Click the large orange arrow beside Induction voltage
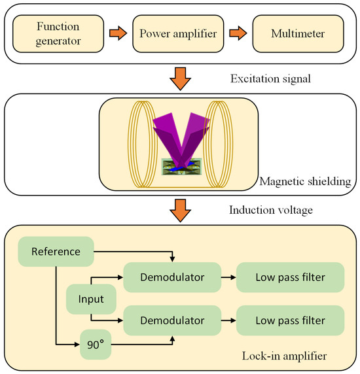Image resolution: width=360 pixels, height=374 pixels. (179, 207)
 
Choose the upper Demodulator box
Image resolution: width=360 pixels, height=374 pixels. (171, 277)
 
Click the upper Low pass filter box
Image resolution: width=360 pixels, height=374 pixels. (290, 277)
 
